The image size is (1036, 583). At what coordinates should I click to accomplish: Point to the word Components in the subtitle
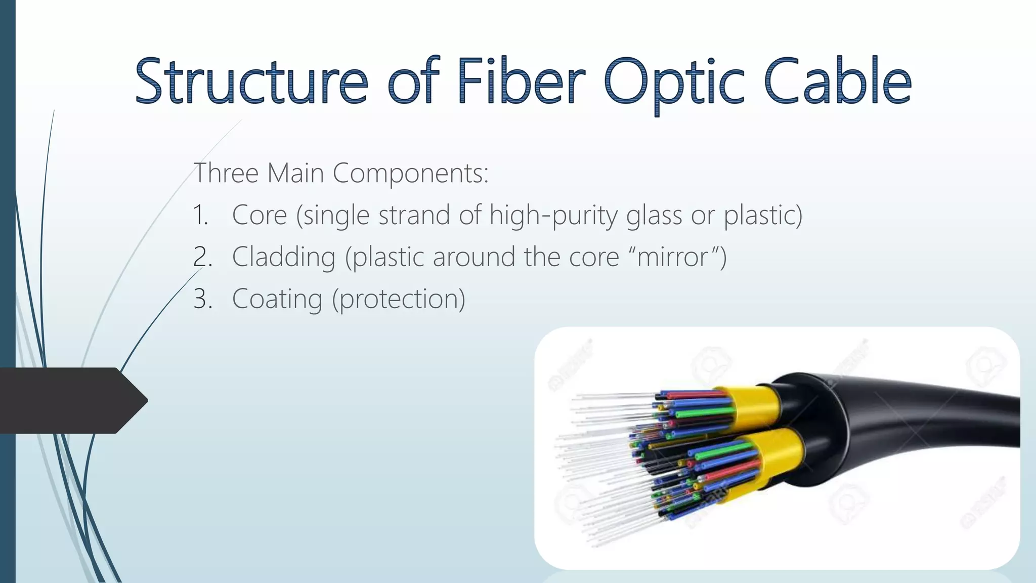click(410, 174)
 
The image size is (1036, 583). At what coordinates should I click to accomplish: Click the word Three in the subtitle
click(226, 173)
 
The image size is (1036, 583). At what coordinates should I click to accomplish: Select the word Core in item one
click(260, 215)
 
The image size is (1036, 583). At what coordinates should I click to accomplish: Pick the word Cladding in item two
click(284, 257)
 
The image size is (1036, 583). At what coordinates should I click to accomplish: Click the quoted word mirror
click(672, 258)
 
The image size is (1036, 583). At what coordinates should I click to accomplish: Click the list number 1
click(200, 216)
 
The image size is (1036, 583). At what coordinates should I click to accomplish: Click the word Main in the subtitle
click(295, 173)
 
